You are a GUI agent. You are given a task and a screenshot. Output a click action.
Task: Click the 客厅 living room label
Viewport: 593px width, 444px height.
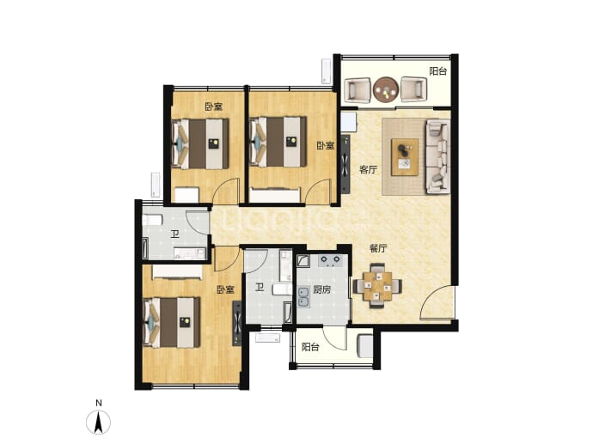pyautogui.click(x=368, y=170)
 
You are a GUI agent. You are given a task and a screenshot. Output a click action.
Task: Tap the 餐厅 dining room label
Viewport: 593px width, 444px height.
pyautogui.click(x=378, y=249)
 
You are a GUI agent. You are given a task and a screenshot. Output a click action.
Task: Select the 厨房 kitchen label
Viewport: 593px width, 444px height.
pyautogui.click(x=322, y=289)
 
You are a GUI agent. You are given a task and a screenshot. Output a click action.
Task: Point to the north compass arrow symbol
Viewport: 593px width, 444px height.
pyautogui.click(x=98, y=422)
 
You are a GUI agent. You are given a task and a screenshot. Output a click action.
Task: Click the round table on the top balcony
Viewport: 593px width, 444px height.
pyautogui.click(x=386, y=89)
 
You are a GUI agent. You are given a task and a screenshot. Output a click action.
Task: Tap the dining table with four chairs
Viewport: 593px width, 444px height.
pyautogui.click(x=377, y=286)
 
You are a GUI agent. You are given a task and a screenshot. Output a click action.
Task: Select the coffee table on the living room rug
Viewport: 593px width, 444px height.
pyautogui.click(x=405, y=157)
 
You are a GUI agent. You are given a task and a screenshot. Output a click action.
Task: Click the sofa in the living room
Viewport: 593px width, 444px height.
pyautogui.click(x=438, y=156)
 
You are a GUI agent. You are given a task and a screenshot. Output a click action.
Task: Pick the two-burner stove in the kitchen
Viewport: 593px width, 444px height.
pyautogui.click(x=331, y=260)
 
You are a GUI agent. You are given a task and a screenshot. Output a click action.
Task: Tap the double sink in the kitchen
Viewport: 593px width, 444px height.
pyautogui.click(x=303, y=297)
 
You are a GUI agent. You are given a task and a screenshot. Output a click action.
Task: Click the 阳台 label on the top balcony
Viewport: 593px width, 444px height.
pyautogui.click(x=438, y=71)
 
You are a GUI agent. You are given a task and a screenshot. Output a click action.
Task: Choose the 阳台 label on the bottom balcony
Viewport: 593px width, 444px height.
pyautogui.click(x=310, y=347)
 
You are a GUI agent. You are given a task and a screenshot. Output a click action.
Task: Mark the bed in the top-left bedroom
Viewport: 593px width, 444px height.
pyautogui.click(x=200, y=143)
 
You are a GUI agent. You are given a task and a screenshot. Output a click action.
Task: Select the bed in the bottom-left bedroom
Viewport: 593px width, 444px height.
pyautogui.click(x=171, y=322)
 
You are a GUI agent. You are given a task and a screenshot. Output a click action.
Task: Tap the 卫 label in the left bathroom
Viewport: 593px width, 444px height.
pyautogui.click(x=174, y=234)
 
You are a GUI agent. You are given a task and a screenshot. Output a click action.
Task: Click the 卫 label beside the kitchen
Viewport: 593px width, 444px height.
pyautogui.click(x=259, y=289)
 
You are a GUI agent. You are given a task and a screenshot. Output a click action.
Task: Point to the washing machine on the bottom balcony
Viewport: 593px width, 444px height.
pyautogui.click(x=364, y=345)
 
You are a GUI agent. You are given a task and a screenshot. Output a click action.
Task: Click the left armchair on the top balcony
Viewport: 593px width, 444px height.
pyautogui.click(x=358, y=89)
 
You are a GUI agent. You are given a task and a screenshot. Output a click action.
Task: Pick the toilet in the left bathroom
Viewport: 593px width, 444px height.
pyautogui.click(x=152, y=220)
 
